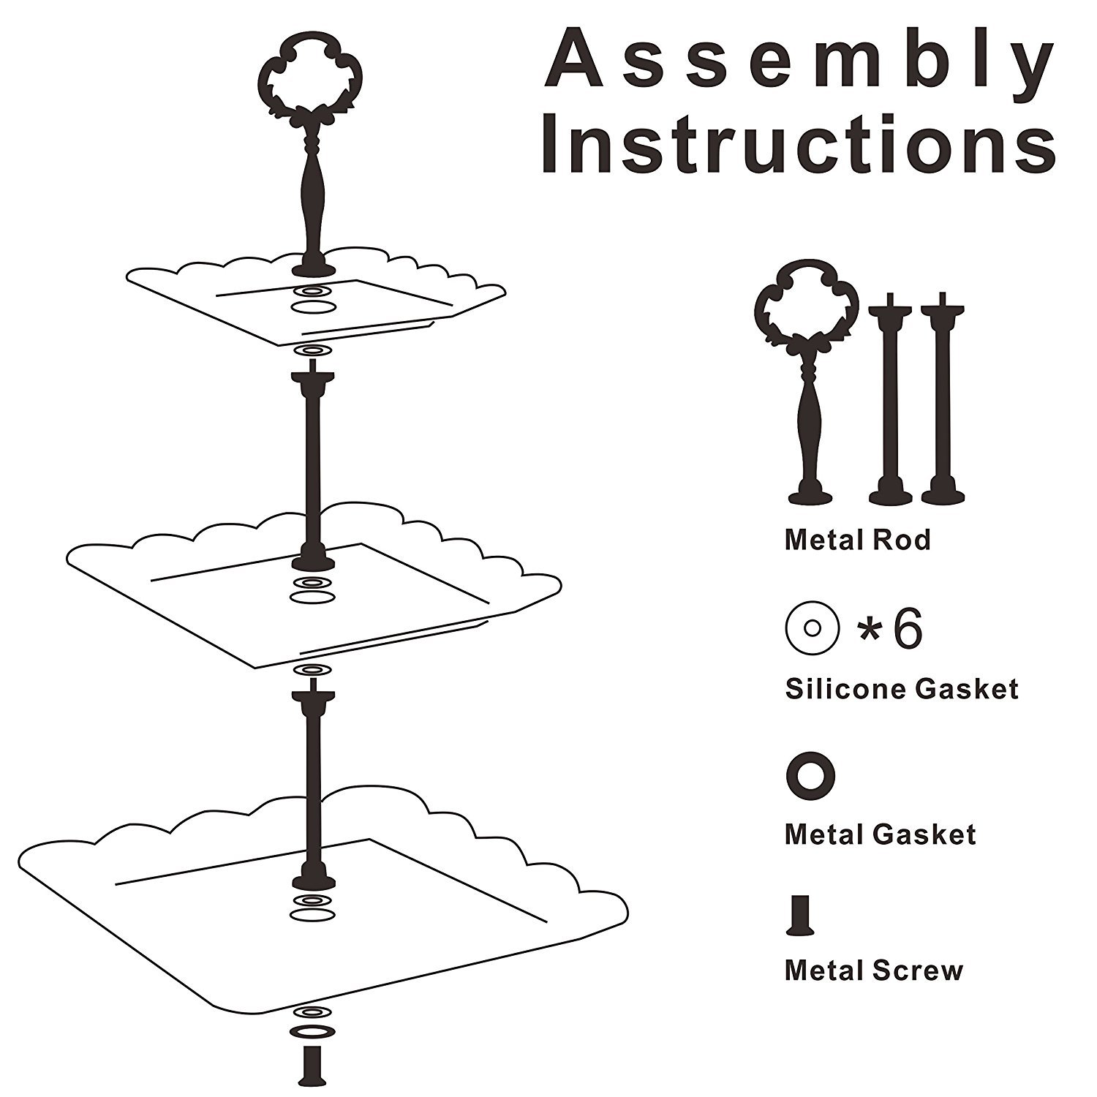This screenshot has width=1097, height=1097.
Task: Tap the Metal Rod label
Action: [857, 540]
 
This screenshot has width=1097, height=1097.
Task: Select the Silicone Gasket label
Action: [901, 689]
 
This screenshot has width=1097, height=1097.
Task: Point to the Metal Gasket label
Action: [880, 835]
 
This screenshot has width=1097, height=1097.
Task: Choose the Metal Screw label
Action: [873, 971]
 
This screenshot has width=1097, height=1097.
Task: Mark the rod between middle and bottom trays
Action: [312, 783]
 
